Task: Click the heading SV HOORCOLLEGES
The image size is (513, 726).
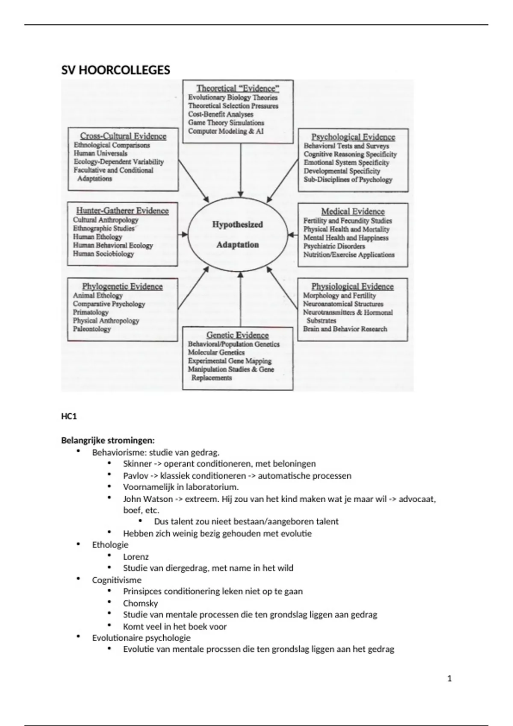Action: tap(115, 70)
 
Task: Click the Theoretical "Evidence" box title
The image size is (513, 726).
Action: tap(238, 88)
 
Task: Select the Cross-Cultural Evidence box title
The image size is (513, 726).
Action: tap(123, 136)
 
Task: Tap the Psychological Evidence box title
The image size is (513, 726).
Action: tap(353, 137)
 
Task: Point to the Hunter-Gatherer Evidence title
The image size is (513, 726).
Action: tap(122, 211)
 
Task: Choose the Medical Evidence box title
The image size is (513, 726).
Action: tap(353, 211)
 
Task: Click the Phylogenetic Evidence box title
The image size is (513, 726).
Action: tap(122, 287)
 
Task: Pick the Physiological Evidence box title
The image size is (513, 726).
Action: tap(352, 287)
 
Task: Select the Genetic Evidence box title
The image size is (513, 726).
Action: tap(237, 335)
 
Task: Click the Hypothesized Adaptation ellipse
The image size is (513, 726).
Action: tap(238, 234)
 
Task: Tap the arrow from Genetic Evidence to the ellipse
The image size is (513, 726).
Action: tap(240, 299)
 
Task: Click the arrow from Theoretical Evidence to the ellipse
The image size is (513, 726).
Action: tap(241, 171)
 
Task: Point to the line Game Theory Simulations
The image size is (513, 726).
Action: tap(226, 123)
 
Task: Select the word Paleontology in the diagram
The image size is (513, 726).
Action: tap(92, 329)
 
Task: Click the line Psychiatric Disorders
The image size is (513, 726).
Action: tap(334, 246)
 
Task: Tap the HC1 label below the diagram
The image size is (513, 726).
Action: tap(69, 416)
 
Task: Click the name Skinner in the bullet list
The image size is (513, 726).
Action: tap(137, 464)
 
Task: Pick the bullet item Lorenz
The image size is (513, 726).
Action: tap(136, 557)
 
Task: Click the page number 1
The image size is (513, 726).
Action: tap(449, 679)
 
